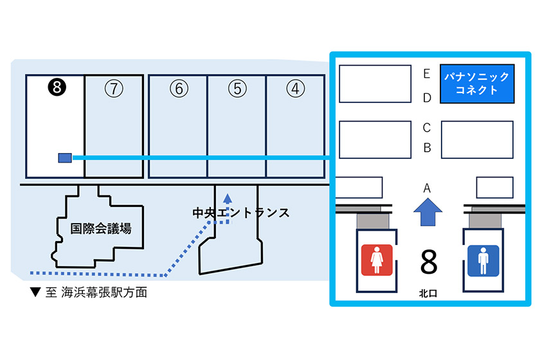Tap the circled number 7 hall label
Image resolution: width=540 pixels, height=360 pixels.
tap(114, 89)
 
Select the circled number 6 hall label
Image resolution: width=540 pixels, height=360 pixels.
tap(178, 89)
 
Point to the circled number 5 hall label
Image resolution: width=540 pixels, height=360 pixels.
tap(237, 89)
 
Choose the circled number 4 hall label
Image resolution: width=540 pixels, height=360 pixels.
tap(295, 89)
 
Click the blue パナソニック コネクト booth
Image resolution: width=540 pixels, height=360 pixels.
tap(477, 84)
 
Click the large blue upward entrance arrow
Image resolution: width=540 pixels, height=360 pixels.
tap(426, 212)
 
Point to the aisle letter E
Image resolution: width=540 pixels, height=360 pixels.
tap(426, 74)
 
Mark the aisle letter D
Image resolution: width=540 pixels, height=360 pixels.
tap(426, 98)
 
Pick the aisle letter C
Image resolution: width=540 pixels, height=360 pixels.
tap(426, 127)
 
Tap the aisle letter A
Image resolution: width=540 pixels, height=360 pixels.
tap(426, 188)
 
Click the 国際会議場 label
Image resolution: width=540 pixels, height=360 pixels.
tap(101, 228)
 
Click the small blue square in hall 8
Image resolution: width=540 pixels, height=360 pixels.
tap(64, 157)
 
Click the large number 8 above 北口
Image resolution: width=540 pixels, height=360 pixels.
tap(428, 262)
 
